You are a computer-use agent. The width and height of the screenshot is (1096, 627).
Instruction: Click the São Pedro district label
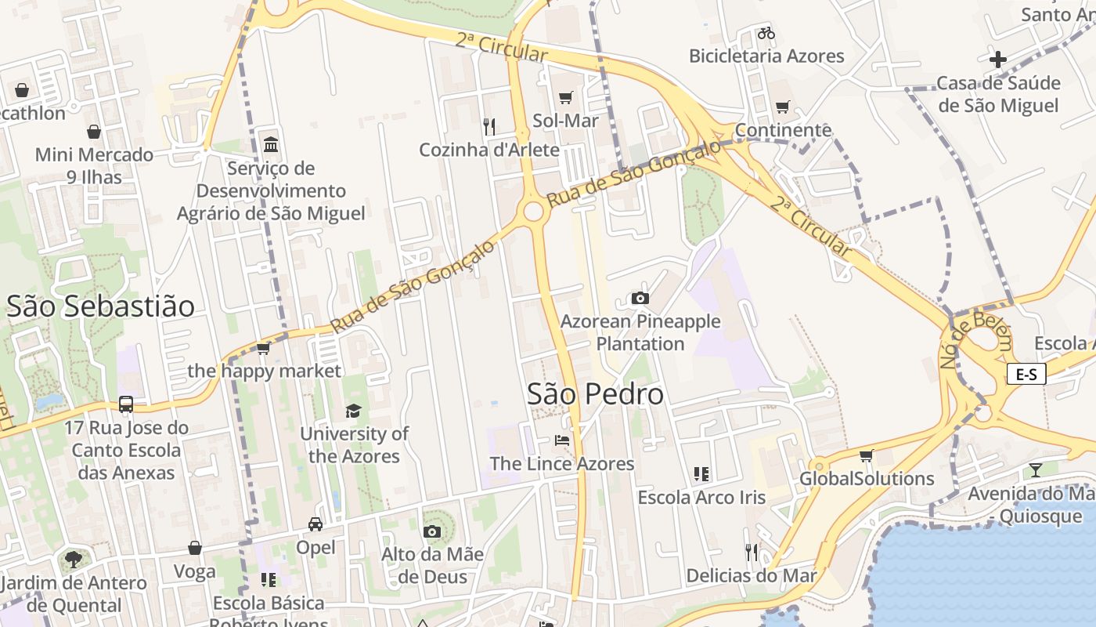point(595,393)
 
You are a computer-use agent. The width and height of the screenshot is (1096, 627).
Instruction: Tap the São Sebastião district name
point(100,306)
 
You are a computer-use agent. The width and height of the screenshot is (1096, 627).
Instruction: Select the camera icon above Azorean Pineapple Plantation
point(640,298)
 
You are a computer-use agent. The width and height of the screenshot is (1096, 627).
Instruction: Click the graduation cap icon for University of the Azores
point(354,411)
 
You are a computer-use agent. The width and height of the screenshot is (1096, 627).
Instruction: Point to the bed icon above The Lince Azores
point(562,440)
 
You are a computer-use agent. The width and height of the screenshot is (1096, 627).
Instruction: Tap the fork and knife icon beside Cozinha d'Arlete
point(489,126)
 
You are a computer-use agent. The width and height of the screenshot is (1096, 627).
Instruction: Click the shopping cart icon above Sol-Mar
point(565,97)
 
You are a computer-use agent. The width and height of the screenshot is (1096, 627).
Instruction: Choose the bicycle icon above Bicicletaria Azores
point(766,33)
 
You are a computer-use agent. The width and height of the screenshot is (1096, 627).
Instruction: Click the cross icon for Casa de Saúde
point(997,59)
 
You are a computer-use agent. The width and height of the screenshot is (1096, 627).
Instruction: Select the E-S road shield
point(1026,375)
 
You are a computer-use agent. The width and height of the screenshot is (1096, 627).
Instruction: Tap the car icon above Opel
point(315,524)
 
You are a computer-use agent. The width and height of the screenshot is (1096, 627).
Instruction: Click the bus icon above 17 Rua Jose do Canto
point(126,404)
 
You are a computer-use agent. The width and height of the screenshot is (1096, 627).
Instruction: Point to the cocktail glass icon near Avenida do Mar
point(1036,469)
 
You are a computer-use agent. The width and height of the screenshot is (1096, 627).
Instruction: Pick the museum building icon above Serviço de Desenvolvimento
point(272,144)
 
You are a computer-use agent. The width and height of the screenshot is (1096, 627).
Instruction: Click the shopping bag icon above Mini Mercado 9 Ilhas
point(94,132)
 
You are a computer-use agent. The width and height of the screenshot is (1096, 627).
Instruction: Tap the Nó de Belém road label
point(975,340)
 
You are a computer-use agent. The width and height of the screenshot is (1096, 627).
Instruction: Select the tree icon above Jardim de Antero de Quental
point(74,560)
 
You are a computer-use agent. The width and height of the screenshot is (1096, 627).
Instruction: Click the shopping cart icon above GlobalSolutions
point(866,455)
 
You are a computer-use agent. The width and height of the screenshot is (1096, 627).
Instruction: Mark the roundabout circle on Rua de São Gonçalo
point(534,211)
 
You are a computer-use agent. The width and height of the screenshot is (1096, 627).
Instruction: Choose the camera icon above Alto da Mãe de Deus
point(431,531)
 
